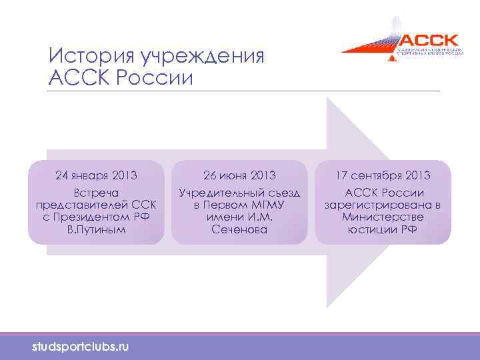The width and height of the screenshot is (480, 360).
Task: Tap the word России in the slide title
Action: (x=154, y=77)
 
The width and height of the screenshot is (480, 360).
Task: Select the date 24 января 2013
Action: (x=96, y=176)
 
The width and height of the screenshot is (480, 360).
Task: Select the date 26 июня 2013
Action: (x=239, y=176)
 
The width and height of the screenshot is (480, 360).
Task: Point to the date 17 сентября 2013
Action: (x=383, y=176)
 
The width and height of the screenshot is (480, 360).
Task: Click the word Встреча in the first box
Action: (x=96, y=193)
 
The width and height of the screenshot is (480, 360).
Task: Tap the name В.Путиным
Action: (x=96, y=229)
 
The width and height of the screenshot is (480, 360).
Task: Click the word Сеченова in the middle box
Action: (x=239, y=229)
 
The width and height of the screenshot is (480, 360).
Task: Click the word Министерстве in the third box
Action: (x=383, y=217)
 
